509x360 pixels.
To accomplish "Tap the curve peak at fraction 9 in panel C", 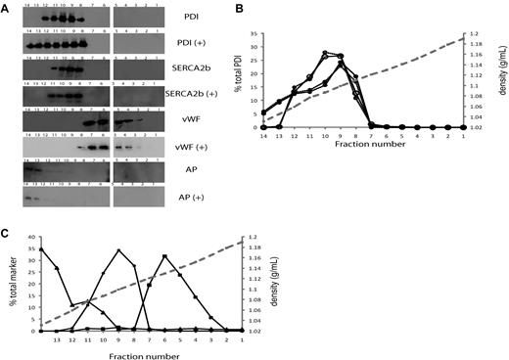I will pos(119,250).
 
